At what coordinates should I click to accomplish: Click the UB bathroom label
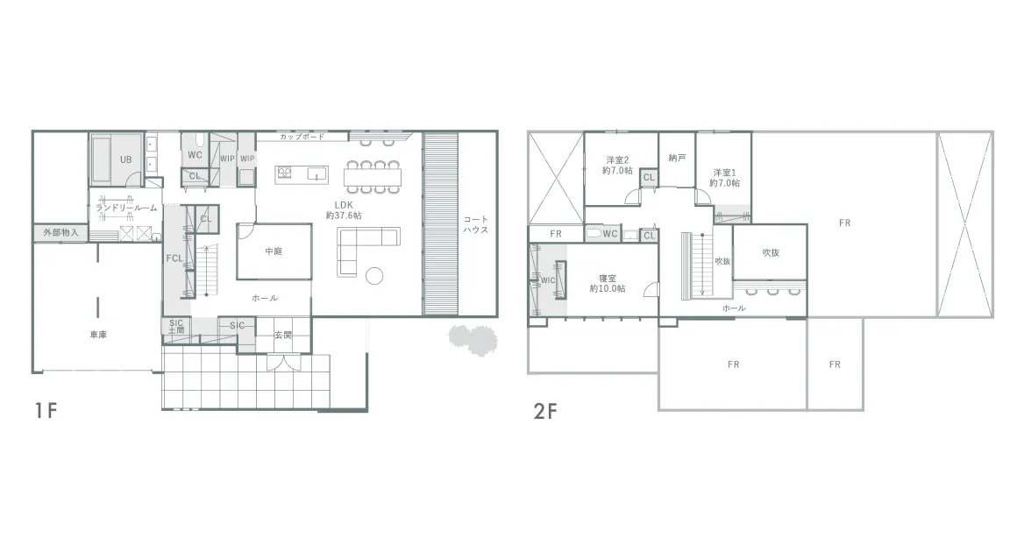click(126, 159)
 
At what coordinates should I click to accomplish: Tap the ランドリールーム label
click(126, 208)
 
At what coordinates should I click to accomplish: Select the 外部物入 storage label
click(61, 232)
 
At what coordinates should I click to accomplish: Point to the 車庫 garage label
click(98, 335)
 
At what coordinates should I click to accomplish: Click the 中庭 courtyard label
click(274, 251)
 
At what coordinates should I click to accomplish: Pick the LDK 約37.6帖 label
click(344, 210)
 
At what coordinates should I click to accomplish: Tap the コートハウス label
click(475, 224)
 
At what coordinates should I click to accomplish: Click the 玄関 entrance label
click(283, 335)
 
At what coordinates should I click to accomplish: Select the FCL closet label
click(174, 258)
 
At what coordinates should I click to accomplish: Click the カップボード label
click(302, 137)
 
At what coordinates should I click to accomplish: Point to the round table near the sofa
click(374, 276)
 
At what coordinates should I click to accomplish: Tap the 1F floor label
click(46, 411)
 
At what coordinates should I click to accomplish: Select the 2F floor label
click(545, 411)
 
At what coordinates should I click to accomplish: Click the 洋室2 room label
click(617, 160)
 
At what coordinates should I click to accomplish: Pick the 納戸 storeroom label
click(677, 158)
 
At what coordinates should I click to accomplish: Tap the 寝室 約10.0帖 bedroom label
click(608, 283)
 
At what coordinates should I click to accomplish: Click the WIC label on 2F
click(548, 280)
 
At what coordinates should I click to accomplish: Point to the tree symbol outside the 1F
click(473, 339)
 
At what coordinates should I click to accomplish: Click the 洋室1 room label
click(724, 173)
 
